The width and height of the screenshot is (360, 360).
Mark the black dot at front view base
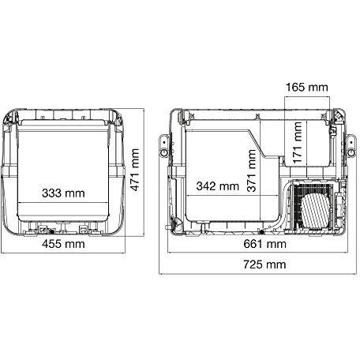tap(55, 231)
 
